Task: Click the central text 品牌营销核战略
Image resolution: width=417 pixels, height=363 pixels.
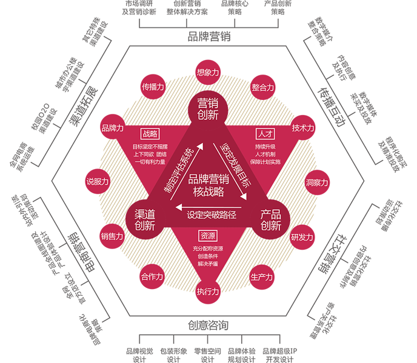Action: click(x=208, y=185)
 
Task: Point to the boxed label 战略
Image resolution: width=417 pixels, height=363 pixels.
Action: click(x=149, y=133)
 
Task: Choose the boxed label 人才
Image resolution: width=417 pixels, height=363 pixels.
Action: click(x=265, y=133)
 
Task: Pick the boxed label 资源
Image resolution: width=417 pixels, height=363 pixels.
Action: click(x=208, y=236)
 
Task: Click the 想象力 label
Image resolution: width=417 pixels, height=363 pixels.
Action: click(x=208, y=72)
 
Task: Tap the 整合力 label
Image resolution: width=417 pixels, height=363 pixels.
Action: click(x=262, y=87)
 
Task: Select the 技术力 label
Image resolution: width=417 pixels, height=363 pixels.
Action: click(x=303, y=128)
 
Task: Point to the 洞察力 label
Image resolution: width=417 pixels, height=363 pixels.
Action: click(x=317, y=182)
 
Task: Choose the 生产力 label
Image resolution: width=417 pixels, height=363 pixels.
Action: click(x=261, y=277)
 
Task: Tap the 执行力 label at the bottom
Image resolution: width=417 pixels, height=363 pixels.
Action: click(x=208, y=291)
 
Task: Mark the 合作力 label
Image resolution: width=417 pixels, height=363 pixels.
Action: click(x=152, y=277)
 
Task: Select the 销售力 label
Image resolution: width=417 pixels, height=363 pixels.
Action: click(x=112, y=236)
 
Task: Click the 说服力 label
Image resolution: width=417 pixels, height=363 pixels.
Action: click(x=98, y=181)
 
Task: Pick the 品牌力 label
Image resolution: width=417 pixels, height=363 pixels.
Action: click(x=113, y=128)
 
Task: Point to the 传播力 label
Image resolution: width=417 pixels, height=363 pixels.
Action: click(x=153, y=87)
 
